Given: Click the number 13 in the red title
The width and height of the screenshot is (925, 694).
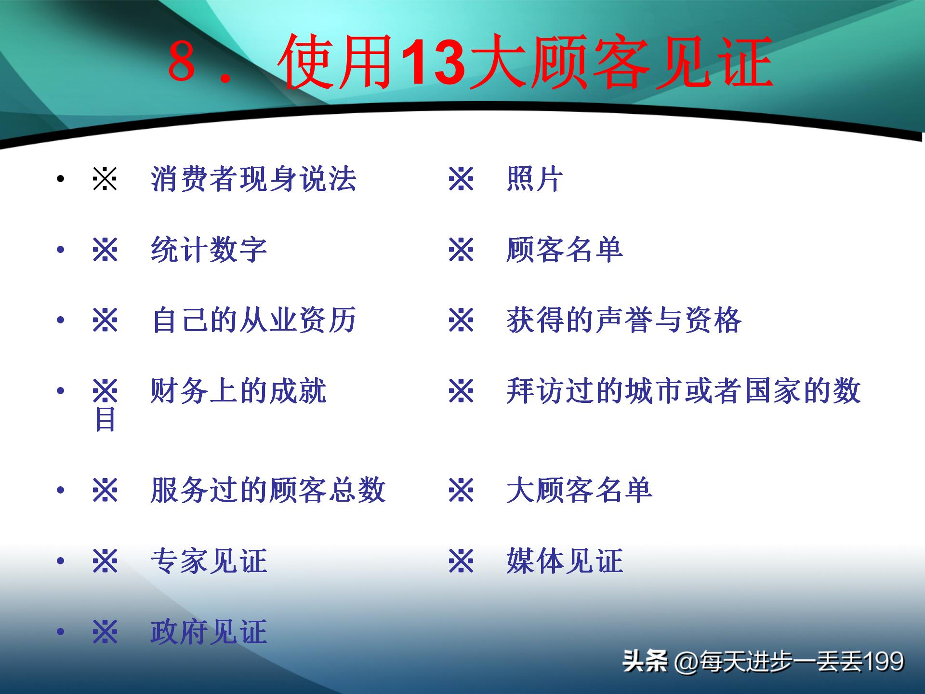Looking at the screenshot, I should (x=433, y=63).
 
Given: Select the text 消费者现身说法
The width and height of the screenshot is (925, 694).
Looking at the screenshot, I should (x=253, y=179).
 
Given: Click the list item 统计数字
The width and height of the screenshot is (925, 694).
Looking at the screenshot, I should (x=209, y=250).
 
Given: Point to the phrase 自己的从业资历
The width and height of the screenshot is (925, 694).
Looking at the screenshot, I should (x=253, y=320).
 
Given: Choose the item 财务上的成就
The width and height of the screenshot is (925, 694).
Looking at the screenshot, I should (x=238, y=390).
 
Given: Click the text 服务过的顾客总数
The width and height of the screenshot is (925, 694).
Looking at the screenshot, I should (x=268, y=490).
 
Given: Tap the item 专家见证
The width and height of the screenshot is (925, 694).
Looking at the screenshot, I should (x=209, y=561).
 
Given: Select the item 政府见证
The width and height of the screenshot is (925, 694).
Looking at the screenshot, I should (x=209, y=632).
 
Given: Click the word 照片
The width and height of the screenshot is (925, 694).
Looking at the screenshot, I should (x=535, y=179).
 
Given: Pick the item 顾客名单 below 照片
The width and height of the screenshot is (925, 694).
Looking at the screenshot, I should (x=565, y=250).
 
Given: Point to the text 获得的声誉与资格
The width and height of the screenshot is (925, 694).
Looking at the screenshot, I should (x=624, y=320).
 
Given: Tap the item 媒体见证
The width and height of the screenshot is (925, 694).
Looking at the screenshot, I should (x=565, y=561).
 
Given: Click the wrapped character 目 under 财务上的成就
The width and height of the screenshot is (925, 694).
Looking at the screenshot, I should (x=105, y=419).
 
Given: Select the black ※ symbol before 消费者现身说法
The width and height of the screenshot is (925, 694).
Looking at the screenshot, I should (x=105, y=179).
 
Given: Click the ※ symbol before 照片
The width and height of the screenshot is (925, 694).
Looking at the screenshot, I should (x=461, y=179).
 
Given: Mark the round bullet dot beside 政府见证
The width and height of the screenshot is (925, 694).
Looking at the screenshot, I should (x=60, y=632).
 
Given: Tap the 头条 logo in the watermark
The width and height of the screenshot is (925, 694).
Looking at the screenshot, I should (x=645, y=661).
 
